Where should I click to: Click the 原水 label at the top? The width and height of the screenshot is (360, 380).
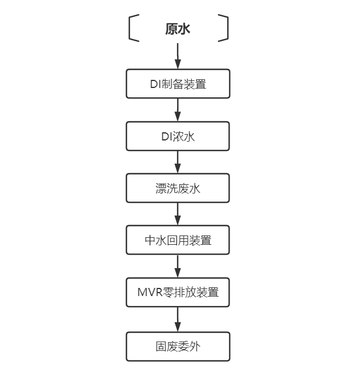[178, 29]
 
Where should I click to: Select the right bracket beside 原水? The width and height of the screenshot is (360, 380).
[224, 29]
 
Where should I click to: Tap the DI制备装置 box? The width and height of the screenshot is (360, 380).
[178, 84]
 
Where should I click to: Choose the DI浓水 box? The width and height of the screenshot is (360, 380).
[178, 136]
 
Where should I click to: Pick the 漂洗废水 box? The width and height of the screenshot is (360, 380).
[178, 188]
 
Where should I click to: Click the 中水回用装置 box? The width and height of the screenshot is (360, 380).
[178, 240]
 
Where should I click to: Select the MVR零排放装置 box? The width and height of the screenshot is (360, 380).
[178, 293]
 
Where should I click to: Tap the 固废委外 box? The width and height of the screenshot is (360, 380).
[178, 346]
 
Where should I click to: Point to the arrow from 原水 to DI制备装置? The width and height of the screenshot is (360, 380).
[178, 57]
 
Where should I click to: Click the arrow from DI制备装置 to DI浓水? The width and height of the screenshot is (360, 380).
[178, 110]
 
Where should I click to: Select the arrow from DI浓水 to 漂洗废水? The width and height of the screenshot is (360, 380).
[178, 162]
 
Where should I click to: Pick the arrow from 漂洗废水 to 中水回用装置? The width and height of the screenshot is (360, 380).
[178, 214]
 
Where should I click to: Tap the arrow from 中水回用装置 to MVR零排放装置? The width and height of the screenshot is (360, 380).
[178, 266]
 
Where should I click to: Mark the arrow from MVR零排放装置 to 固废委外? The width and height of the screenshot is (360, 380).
[178, 319]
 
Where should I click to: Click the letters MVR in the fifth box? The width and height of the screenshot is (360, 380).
[149, 293]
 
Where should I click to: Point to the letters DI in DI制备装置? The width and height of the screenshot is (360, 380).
[154, 84]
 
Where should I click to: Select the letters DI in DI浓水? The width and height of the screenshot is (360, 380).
[166, 136]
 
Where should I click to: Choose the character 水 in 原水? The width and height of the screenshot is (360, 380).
[185, 29]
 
